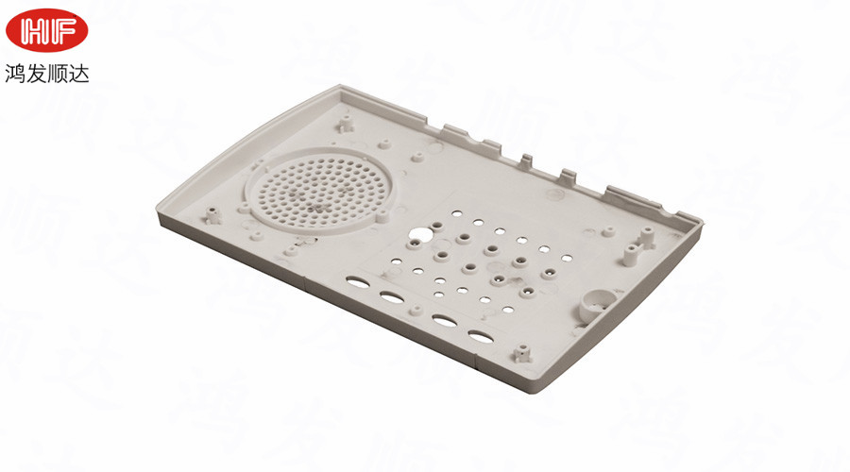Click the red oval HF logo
[46, 30]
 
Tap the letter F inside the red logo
[63, 30]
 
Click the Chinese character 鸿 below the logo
[15, 74]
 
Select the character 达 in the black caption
[78, 74]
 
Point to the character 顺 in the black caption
[58, 74]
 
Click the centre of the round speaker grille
[320, 191]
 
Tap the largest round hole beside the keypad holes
[419, 235]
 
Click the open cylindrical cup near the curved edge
[597, 305]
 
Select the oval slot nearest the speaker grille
[356, 282]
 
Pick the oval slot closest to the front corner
[481, 336]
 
